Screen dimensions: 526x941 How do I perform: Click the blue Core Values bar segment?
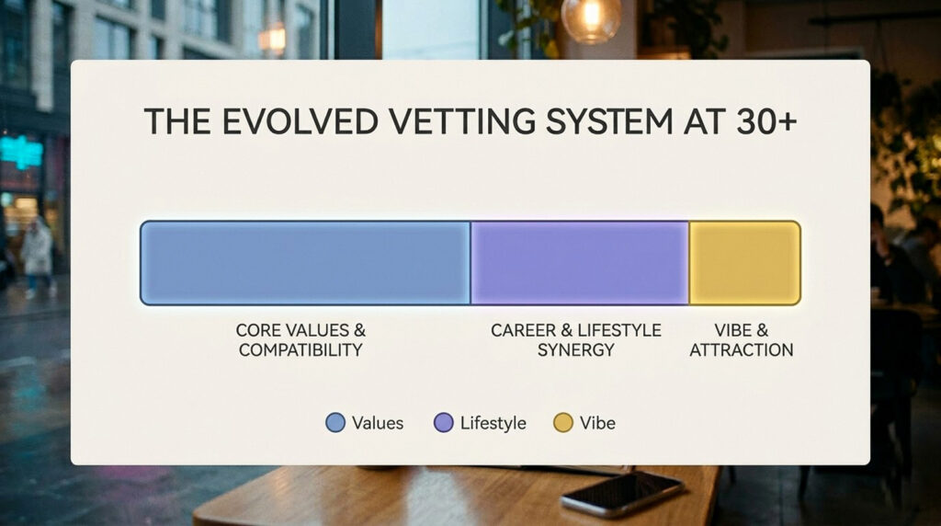point(305,263)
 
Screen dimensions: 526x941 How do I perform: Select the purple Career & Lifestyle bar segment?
point(580,263)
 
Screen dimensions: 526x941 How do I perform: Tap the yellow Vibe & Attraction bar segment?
point(744,263)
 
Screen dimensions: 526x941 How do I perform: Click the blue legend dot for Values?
point(336,423)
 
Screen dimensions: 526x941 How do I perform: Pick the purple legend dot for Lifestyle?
point(444,423)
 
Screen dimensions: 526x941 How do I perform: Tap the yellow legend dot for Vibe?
point(563,423)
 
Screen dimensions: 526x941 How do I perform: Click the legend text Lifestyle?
point(493,423)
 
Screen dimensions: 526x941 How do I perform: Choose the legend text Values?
point(378,423)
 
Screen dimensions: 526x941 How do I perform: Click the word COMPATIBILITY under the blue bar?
point(300,350)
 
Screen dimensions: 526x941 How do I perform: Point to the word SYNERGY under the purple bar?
point(575,350)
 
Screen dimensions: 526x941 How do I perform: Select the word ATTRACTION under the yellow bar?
point(742,350)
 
